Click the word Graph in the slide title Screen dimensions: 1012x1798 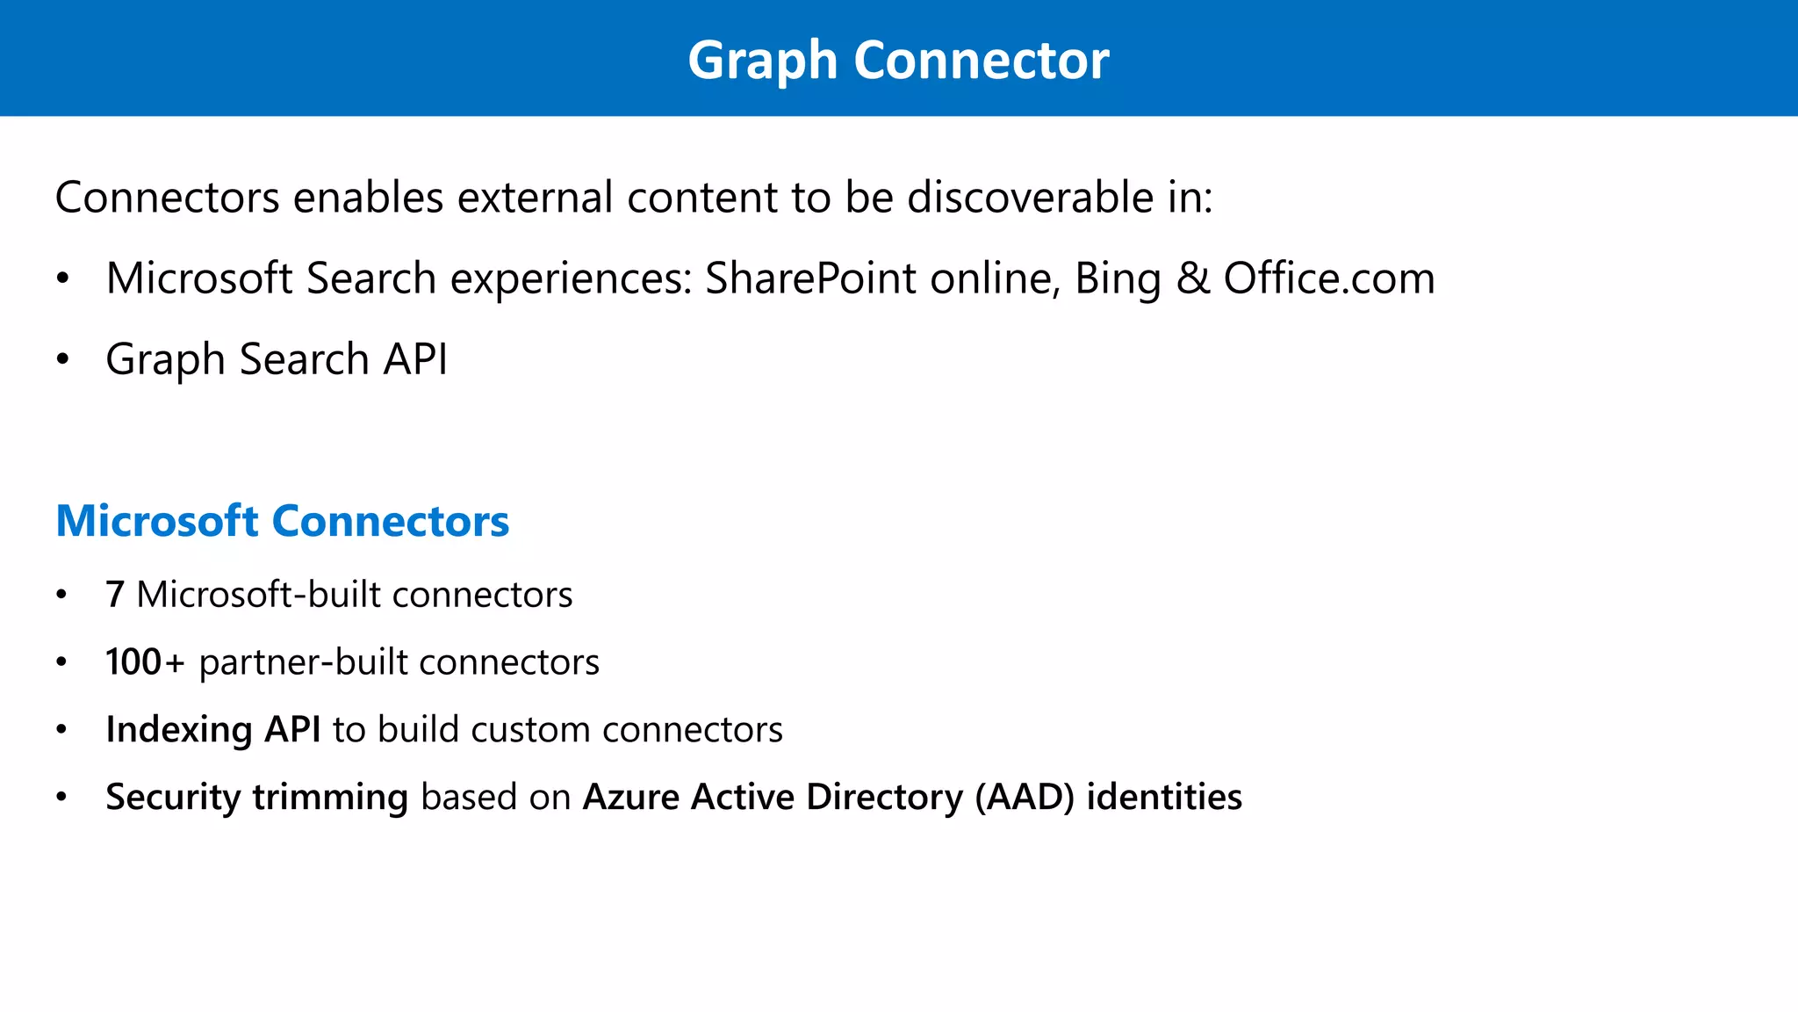coord(762,61)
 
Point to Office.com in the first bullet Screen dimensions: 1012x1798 coord(1329,278)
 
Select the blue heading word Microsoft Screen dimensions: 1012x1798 coord(157,521)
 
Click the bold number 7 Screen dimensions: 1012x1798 coord(115,595)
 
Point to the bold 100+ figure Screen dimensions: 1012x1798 coord(145,662)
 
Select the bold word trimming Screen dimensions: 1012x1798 coord(330,798)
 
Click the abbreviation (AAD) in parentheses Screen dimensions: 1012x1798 coord(1025,798)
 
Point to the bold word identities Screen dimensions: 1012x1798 coord(1164,797)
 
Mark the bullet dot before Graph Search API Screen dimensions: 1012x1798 coord(61,360)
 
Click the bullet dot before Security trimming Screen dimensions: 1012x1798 coord(61,798)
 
